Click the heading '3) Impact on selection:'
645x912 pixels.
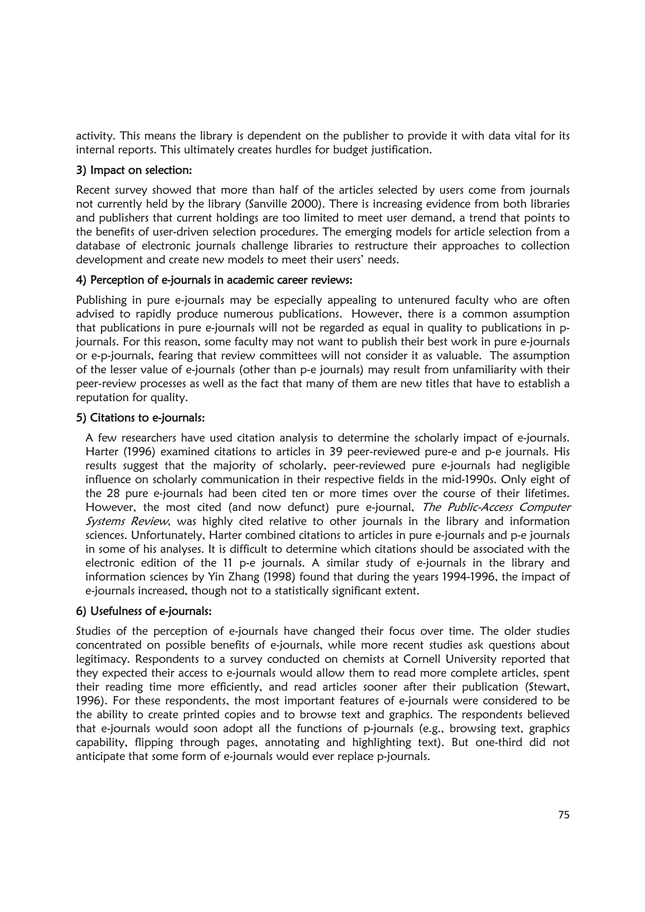coord(134,170)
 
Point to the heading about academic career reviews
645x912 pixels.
coord(214,280)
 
